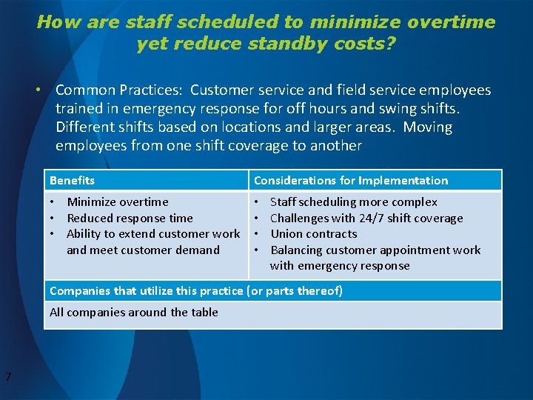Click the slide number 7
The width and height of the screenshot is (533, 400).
(7, 378)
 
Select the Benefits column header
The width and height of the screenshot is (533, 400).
(72, 180)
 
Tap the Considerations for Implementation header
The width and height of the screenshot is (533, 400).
(351, 180)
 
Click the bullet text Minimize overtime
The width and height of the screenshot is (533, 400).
(117, 201)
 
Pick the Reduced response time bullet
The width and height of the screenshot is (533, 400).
(130, 218)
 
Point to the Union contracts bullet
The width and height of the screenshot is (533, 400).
(313, 233)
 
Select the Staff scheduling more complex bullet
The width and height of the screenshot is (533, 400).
(353, 201)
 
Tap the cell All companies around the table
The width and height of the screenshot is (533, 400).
(133, 312)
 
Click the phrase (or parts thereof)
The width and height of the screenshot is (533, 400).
(295, 290)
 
